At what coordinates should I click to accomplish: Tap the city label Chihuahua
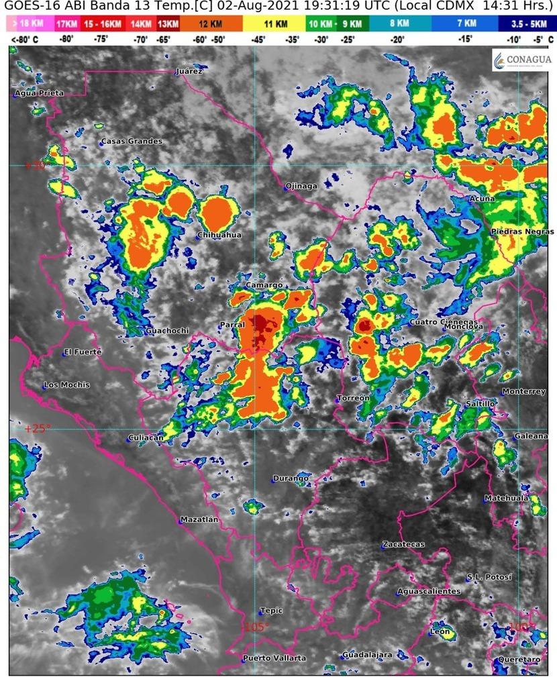(219, 236)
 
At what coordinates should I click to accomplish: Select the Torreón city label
(354, 399)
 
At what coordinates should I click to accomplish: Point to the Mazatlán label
(199, 519)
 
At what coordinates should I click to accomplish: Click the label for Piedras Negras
(522, 231)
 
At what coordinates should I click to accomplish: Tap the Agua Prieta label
(39, 93)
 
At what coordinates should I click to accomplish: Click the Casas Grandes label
(132, 142)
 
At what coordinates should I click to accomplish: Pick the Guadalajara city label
(367, 655)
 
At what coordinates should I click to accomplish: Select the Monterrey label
(523, 392)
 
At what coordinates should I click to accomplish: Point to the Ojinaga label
(301, 186)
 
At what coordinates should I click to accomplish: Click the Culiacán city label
(146, 438)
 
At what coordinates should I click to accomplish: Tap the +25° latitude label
(37, 428)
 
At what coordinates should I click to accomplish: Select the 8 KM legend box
(399, 24)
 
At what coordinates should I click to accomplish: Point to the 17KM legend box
(66, 24)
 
